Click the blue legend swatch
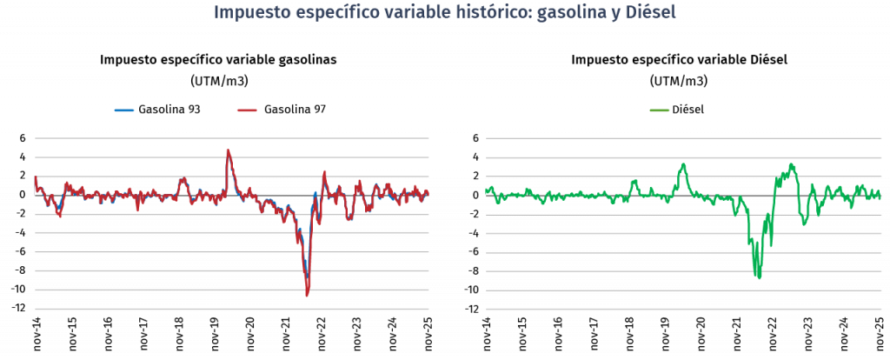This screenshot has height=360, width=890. coord(124,110)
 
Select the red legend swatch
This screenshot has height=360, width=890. coord(247,110)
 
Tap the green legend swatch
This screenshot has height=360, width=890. coord(660,110)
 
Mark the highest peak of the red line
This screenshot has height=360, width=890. coord(228,150)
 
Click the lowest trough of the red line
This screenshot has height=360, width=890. coord(308,296)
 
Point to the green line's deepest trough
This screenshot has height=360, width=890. coord(759,277)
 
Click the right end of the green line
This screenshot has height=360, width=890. coord(880,197)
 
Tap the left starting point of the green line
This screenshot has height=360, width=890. coord(486,190)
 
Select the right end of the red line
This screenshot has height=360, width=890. coord(428,194)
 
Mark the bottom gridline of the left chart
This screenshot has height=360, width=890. coord(232,309)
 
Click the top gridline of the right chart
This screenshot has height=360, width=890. coord(683,138)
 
